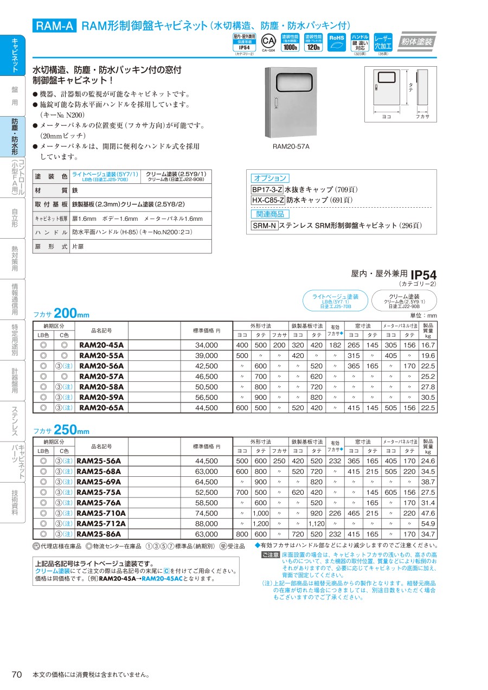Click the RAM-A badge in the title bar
coord(55,26)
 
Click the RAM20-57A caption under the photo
coord(291,146)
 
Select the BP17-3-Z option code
coord(267,190)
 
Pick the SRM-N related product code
coord(265,226)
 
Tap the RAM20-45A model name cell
coord(101,345)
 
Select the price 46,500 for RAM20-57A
coord(207,376)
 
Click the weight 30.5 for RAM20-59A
coord(428,397)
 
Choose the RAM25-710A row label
coord(101,513)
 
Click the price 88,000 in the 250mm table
coord(207,523)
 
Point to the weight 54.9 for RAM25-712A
coord(428,523)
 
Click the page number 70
coord(17,674)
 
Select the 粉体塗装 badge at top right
coord(416,42)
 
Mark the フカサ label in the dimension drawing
coord(422,116)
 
